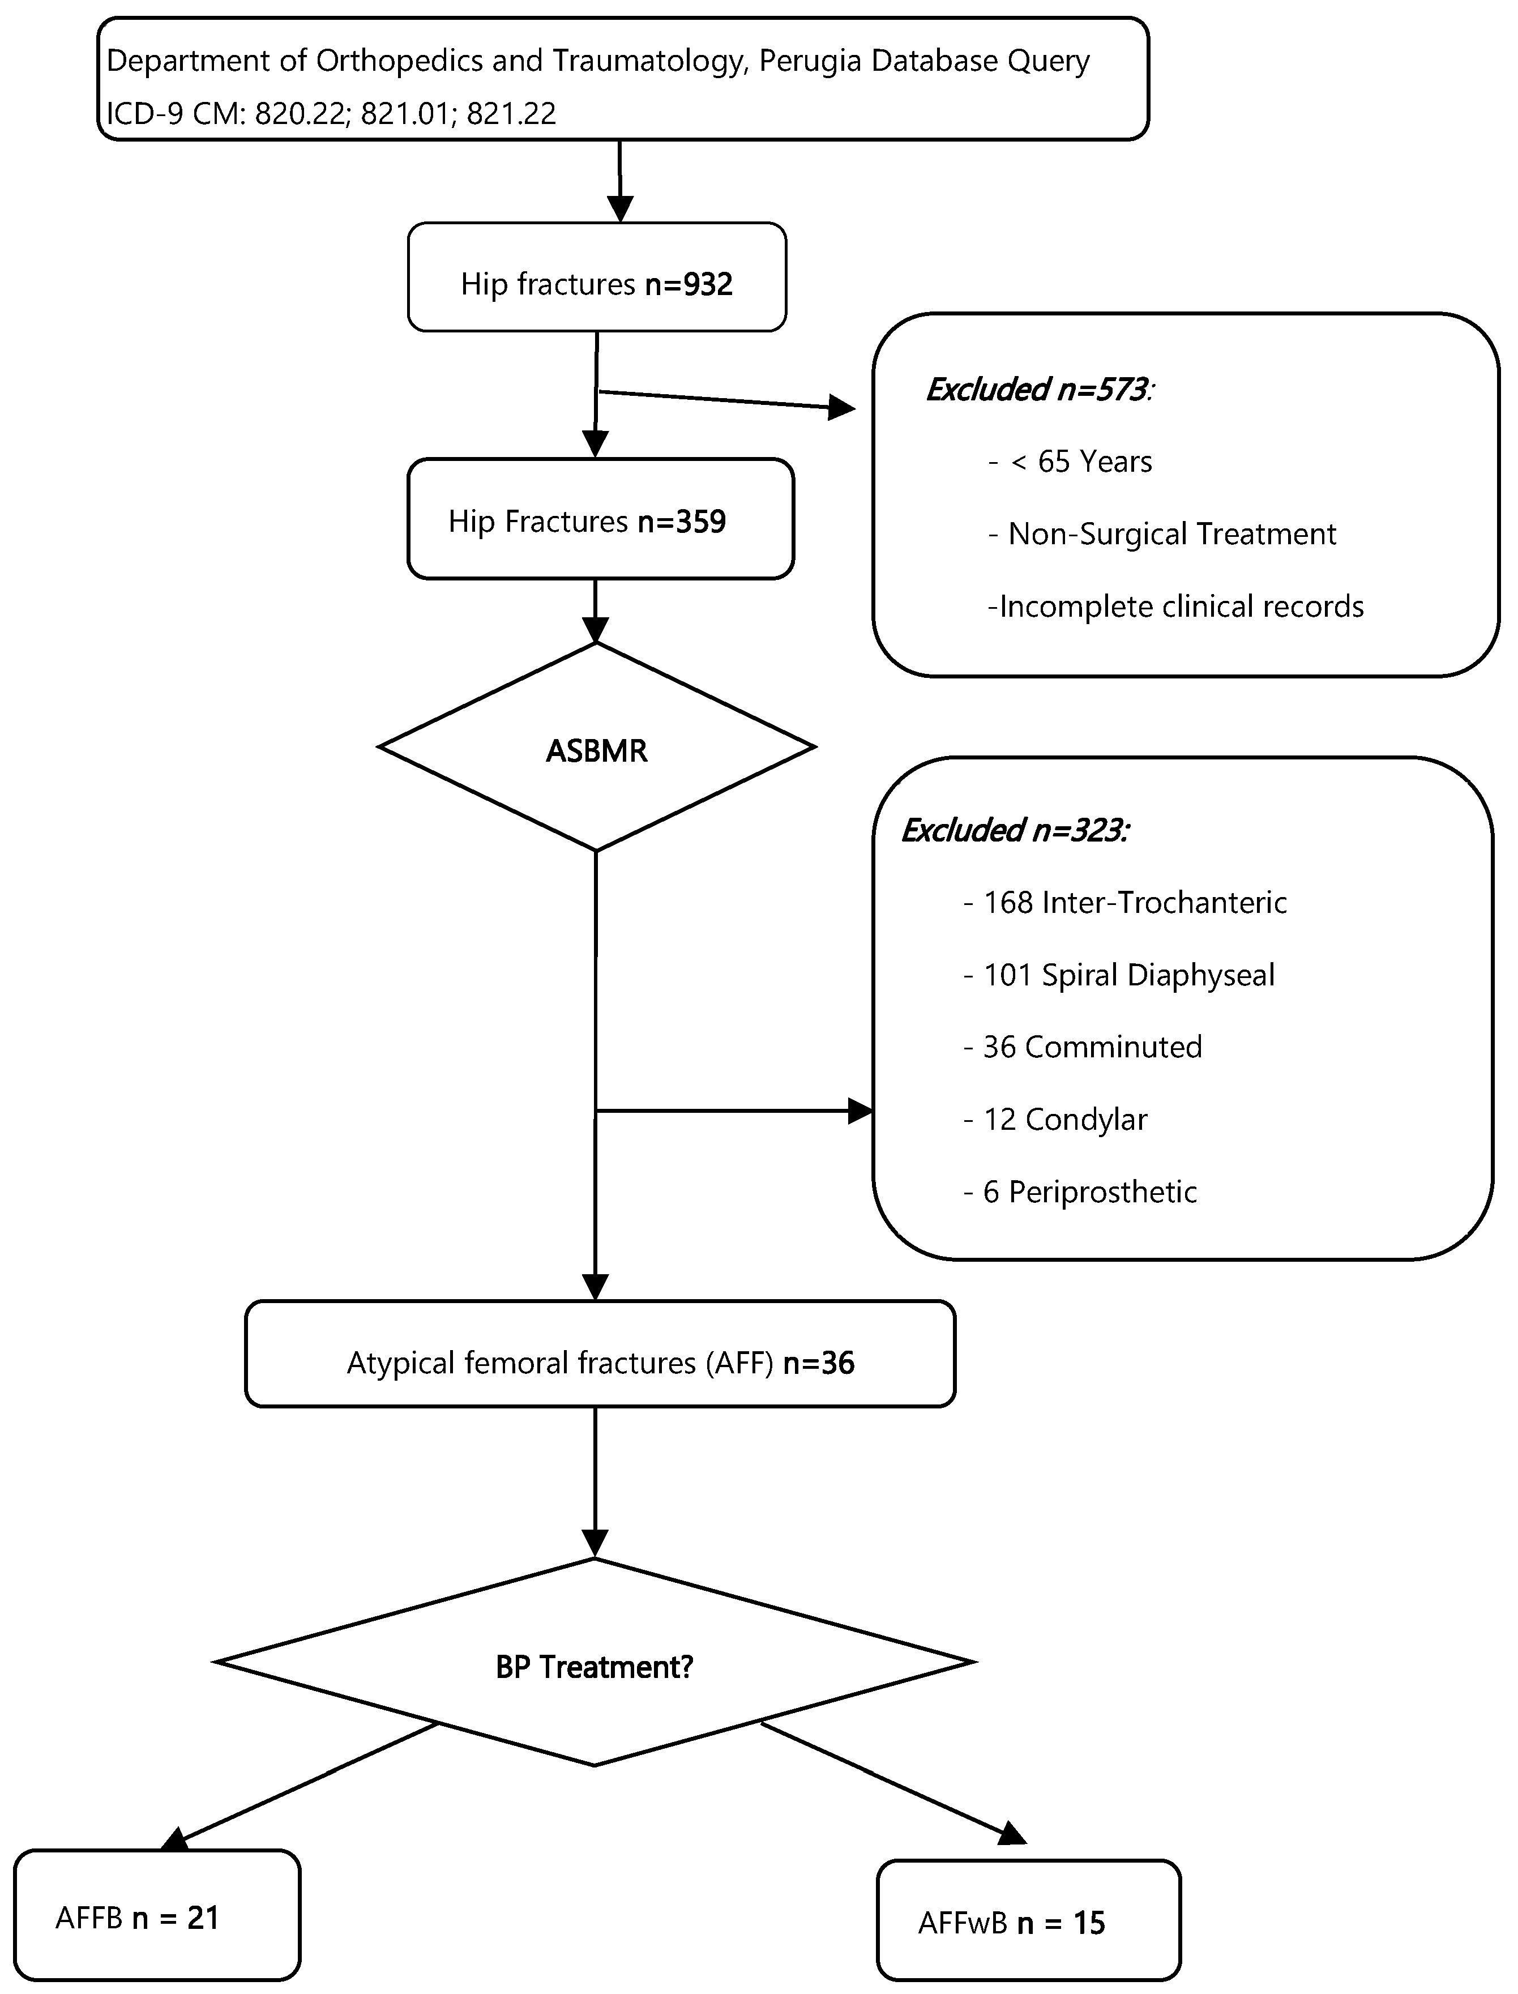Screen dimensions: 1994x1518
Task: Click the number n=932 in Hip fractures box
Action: click(x=689, y=285)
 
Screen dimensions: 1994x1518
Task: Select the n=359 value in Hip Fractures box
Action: click(x=681, y=522)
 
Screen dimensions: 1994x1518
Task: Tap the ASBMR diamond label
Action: click(x=596, y=752)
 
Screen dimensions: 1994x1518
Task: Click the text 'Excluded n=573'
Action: click(x=1038, y=390)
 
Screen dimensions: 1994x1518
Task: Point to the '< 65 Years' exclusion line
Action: click(x=1081, y=462)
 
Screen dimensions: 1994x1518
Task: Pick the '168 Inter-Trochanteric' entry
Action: click(x=1134, y=903)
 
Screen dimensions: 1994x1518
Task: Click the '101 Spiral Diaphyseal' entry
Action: click(x=1128, y=975)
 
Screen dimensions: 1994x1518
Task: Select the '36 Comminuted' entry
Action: click(x=1092, y=1047)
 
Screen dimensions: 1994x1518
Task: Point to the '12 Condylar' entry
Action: click(x=1064, y=1120)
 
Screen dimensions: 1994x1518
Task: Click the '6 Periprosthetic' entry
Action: click(x=1089, y=1192)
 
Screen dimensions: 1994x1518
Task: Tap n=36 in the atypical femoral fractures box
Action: click(x=818, y=1363)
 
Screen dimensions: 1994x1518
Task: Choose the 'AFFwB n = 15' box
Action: click(x=1028, y=1923)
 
